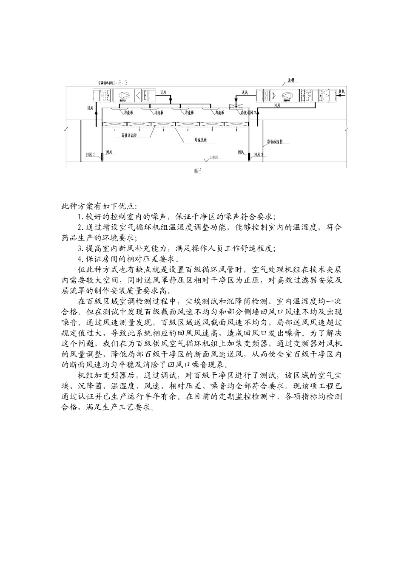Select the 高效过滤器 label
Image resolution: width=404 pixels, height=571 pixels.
pos(129,136)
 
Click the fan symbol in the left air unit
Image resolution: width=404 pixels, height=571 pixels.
pos(124,96)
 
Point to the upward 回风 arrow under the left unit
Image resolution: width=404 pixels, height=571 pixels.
pos(96,117)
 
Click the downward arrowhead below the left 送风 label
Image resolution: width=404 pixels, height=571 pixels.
pos(171,101)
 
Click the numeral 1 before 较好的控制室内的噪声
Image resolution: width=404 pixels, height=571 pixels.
pos(79,217)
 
